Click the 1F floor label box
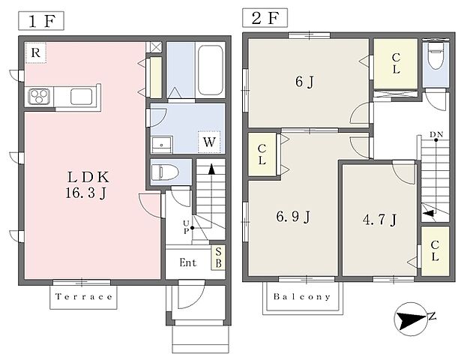pyautogui.click(x=41, y=20)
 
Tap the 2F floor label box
pyautogui.click(x=265, y=18)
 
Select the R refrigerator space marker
pyautogui.click(x=36, y=53)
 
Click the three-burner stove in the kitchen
pyautogui.click(x=39, y=96)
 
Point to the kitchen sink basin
pyautogui.click(x=81, y=97)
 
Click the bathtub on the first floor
pyautogui.click(x=210, y=70)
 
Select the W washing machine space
pyautogui.click(x=209, y=142)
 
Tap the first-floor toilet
pyautogui.click(x=165, y=172)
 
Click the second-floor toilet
pyautogui.click(x=436, y=57)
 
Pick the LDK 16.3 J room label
pyautogui.click(x=88, y=185)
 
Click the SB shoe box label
pyautogui.click(x=218, y=258)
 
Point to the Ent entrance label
pyautogui.click(x=188, y=262)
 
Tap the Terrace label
pyautogui.click(x=84, y=297)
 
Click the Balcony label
pyautogui.click(x=302, y=296)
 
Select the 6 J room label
pyautogui.click(x=305, y=82)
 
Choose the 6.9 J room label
pyautogui.click(x=293, y=217)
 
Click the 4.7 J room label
pyautogui.click(x=380, y=220)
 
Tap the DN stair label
pyautogui.click(x=436, y=135)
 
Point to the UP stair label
pyautogui.click(x=186, y=226)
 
